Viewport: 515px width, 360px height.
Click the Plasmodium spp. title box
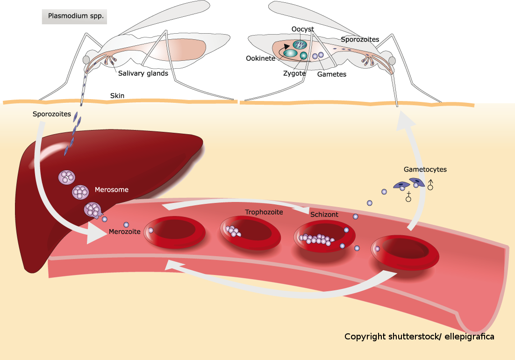coord(74,16)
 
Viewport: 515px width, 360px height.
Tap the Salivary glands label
coord(143,73)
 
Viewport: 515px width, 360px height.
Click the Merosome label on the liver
coord(111,190)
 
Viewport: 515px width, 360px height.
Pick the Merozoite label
coord(124,231)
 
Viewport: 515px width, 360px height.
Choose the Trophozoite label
coord(264,212)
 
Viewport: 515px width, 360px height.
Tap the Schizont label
coord(324,215)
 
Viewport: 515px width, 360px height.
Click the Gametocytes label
coord(425,169)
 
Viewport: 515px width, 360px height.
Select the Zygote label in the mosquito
coord(294,73)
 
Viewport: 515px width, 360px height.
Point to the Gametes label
coord(331,74)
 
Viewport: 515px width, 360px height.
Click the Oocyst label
coord(302,29)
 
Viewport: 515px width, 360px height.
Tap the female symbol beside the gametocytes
coord(408,196)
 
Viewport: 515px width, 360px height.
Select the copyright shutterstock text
coord(419,337)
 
